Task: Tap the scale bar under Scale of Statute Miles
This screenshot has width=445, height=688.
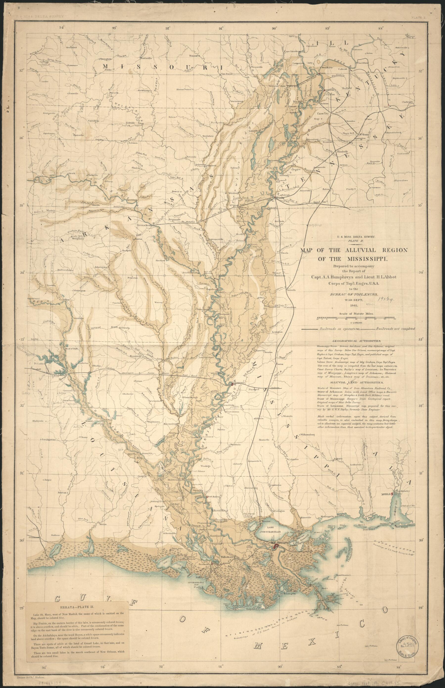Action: pos(355,318)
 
